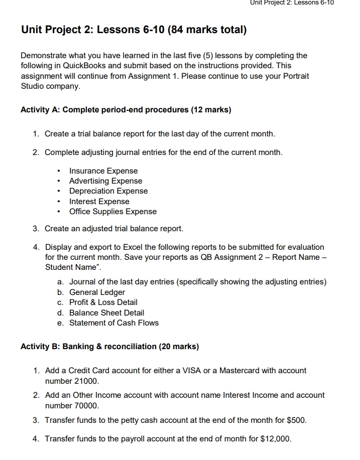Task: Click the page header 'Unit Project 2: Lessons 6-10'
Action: pos(291,3)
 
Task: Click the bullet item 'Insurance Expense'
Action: pos(103,171)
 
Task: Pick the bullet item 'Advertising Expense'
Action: pos(105,181)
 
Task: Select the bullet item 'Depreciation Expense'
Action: pos(108,191)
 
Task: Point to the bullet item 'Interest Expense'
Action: pos(99,202)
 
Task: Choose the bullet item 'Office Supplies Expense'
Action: pos(112,212)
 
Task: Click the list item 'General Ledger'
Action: pos(97,292)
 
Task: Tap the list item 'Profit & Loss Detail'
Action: pos(103,302)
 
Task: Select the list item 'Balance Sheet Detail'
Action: pos(106,313)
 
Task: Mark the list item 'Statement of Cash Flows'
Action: pos(113,323)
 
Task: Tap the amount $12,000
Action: pos(276,439)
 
